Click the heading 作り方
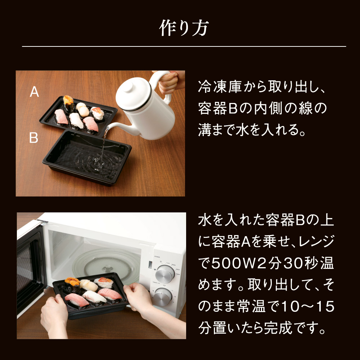point(184,28)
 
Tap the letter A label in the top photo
point(34,91)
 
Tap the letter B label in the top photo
point(33,138)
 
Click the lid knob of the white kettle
point(129,86)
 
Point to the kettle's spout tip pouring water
point(107,128)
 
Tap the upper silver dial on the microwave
point(165,274)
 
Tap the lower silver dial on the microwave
point(163,297)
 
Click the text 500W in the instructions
point(233,263)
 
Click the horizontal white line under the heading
point(184,46)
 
